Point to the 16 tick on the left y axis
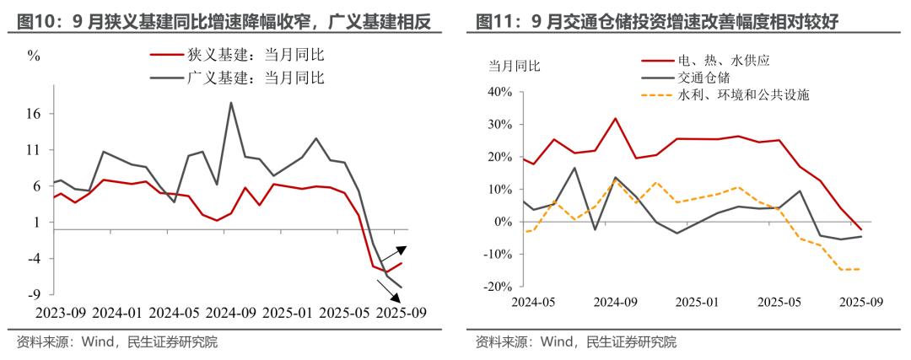tap(34, 114)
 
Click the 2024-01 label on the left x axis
tap(116, 312)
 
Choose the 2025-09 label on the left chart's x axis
tap(401, 312)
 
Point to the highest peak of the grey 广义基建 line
tap(231, 103)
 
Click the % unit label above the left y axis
tap(34, 56)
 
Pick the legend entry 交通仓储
tap(703, 78)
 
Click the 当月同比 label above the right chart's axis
tap(515, 66)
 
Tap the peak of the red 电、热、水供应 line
tap(615, 118)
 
